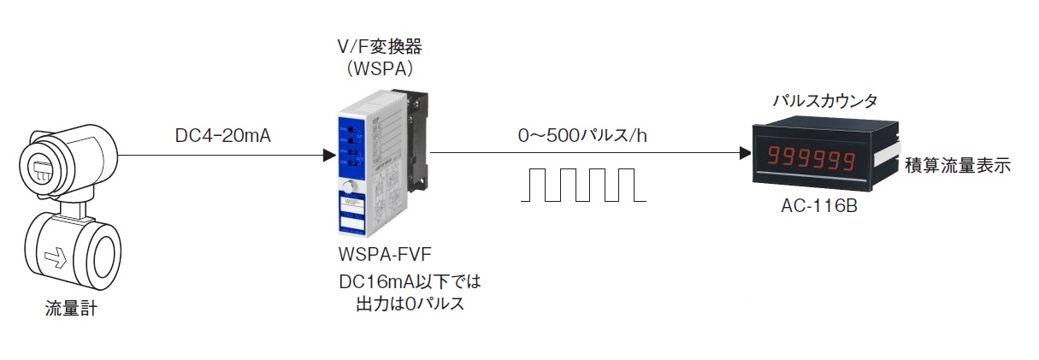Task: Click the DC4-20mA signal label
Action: pyautogui.click(x=222, y=134)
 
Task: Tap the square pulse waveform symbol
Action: pyautogui.click(x=583, y=184)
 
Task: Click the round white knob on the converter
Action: pyautogui.click(x=348, y=187)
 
